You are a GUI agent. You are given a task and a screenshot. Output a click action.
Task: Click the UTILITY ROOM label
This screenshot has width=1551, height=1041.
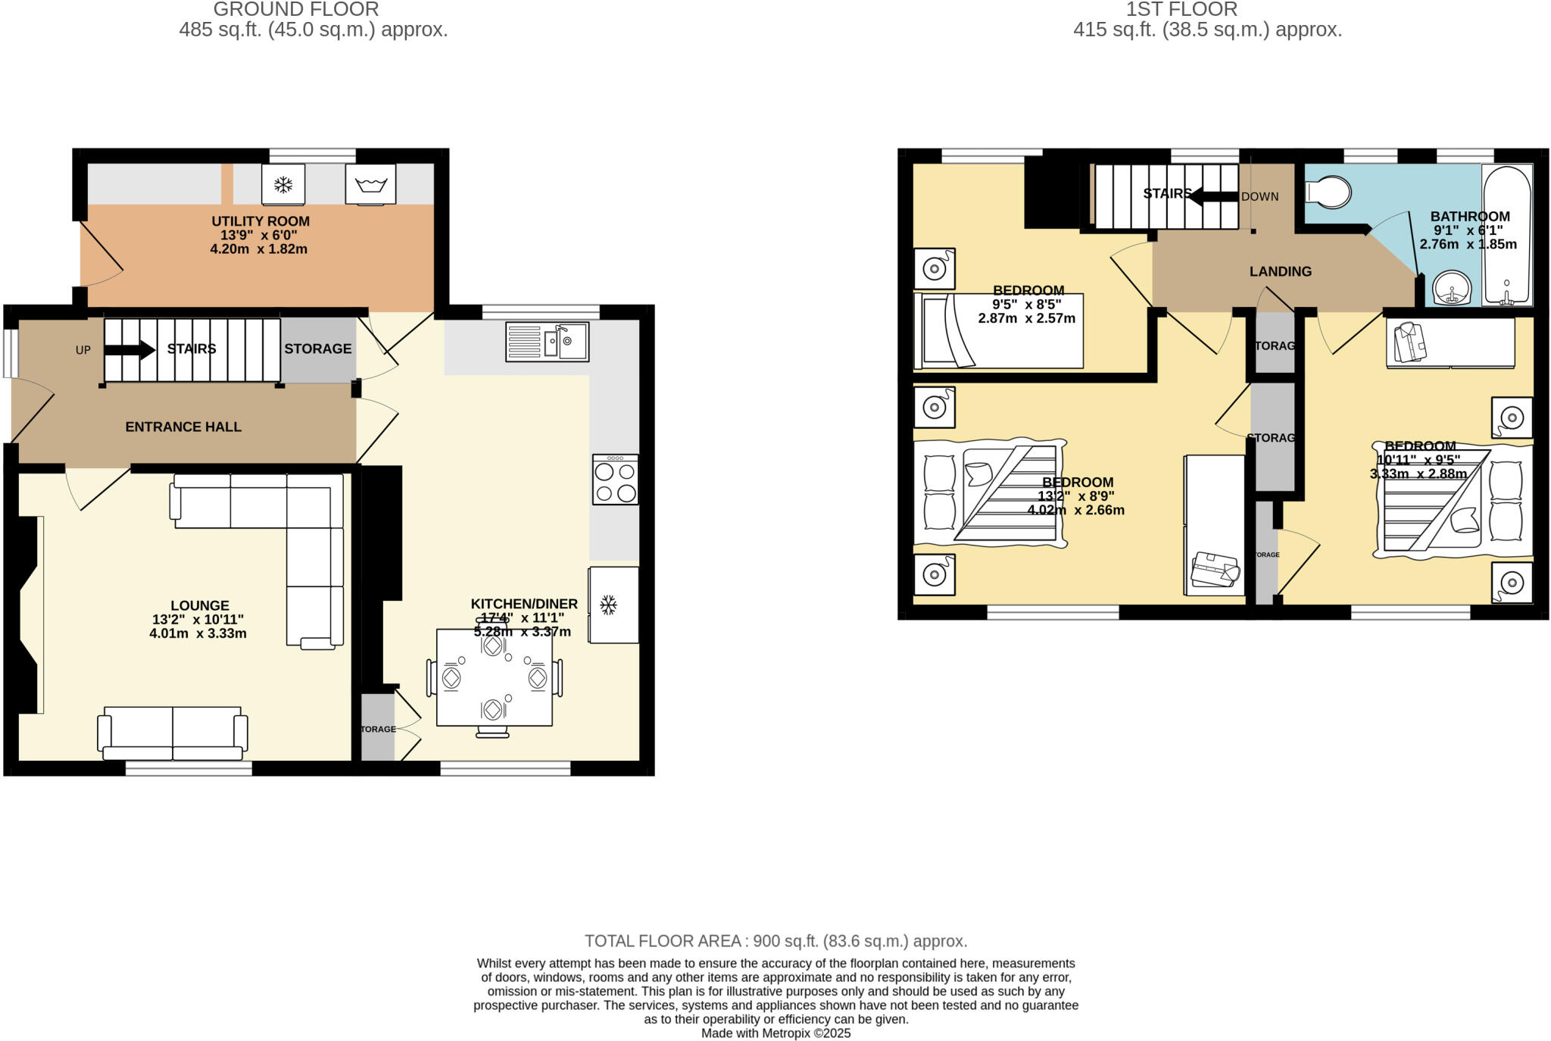pyautogui.click(x=260, y=222)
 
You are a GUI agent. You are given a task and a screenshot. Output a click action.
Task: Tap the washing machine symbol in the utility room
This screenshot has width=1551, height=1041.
pyautogui.click(x=370, y=184)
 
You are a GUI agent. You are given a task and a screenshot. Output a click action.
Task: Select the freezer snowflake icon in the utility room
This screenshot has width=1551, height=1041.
pyautogui.click(x=283, y=184)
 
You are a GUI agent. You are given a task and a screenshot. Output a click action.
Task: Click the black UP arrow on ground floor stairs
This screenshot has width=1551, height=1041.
pyautogui.click(x=130, y=349)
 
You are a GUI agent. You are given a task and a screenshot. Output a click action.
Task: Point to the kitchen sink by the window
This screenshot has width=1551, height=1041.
pyautogui.click(x=547, y=342)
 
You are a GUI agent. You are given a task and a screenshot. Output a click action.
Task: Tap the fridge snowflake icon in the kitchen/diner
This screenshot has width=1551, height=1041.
pyautogui.click(x=607, y=605)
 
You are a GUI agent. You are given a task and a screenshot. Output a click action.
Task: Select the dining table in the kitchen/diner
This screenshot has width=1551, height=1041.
pyautogui.click(x=494, y=677)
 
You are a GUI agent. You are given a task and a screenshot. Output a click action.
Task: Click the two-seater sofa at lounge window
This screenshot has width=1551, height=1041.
pyautogui.click(x=173, y=732)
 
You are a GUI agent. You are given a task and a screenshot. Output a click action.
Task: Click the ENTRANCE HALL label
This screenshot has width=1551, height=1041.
pyautogui.click(x=183, y=427)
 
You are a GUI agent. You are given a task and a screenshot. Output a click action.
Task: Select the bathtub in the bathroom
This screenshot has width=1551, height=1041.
pyautogui.click(x=1506, y=235)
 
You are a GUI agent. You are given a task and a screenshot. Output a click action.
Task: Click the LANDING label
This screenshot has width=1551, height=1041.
pyautogui.click(x=1280, y=271)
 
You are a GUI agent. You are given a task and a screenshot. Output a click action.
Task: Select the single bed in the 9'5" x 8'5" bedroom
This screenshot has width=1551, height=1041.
pyautogui.click(x=998, y=331)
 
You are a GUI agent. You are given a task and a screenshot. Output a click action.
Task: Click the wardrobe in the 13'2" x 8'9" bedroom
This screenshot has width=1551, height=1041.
pyautogui.click(x=1214, y=526)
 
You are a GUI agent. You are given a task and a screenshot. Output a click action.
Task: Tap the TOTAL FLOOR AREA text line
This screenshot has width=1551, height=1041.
pyautogui.click(x=775, y=941)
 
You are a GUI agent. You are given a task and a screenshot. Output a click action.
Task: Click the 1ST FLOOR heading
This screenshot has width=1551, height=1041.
pyautogui.click(x=1181, y=10)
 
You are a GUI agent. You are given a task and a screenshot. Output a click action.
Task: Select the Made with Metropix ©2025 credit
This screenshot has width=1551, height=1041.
pyautogui.click(x=775, y=1033)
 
